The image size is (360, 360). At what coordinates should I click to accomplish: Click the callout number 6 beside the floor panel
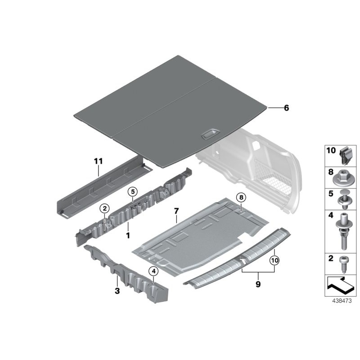(x=286, y=108)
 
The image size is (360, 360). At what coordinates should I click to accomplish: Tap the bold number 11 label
(x=99, y=161)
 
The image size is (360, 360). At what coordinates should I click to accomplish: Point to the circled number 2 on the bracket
(x=104, y=208)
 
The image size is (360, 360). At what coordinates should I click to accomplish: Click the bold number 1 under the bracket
(x=128, y=235)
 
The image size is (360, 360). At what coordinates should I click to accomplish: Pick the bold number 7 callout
(x=176, y=211)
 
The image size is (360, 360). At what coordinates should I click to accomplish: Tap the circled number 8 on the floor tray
(x=241, y=198)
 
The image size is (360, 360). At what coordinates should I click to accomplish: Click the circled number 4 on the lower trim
(x=153, y=271)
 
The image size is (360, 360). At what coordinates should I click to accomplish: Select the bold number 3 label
(x=117, y=291)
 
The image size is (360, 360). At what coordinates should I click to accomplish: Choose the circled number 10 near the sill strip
(x=274, y=260)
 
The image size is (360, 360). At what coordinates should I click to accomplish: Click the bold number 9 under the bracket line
(x=258, y=284)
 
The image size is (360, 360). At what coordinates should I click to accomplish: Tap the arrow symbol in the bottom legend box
(x=341, y=284)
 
